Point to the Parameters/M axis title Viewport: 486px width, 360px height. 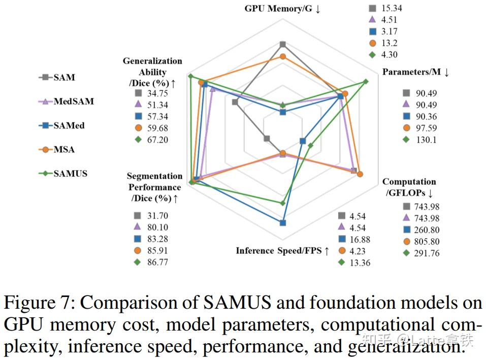pyautogui.click(x=415, y=72)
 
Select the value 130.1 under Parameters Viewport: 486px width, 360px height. pyautogui.click(x=425, y=140)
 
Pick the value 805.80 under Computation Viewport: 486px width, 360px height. pyautogui.click(x=427, y=242)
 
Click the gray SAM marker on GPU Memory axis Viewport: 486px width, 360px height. pyautogui.click(x=283, y=44)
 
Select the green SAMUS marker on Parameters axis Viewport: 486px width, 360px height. pyautogui.click(x=365, y=81)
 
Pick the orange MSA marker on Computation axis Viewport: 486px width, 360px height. pyautogui.click(x=360, y=175)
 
